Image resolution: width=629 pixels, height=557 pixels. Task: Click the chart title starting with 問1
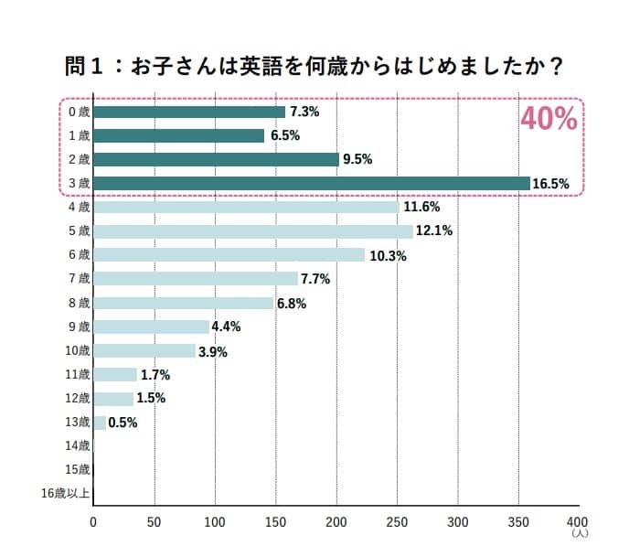[x=314, y=67]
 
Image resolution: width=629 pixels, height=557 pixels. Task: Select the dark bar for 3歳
[x=311, y=183]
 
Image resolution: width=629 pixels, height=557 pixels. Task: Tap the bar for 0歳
[x=189, y=112]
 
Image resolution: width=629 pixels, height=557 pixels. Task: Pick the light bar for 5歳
[x=253, y=230]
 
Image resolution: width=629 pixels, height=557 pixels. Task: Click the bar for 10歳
[x=144, y=350]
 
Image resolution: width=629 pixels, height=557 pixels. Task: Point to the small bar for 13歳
[x=100, y=422]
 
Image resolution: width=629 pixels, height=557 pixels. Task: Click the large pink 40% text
[x=549, y=119]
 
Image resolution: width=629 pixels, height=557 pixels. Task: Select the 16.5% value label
[x=551, y=184]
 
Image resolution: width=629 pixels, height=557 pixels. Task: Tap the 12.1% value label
[x=433, y=230]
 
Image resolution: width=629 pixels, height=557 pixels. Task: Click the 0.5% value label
[x=123, y=423]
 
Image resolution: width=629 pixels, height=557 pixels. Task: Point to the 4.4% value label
[x=225, y=327]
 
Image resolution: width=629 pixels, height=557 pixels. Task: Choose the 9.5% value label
[x=357, y=159]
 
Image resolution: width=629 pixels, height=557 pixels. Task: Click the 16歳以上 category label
[x=66, y=494]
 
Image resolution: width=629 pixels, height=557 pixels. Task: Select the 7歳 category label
[x=80, y=278]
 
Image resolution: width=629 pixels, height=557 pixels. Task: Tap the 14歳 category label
[x=78, y=446]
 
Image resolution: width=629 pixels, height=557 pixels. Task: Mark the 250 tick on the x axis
[x=397, y=523]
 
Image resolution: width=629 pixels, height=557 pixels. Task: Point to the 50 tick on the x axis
[x=155, y=523]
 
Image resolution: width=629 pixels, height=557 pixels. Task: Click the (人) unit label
[x=579, y=533]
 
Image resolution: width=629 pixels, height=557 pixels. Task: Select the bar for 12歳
[x=113, y=398]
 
